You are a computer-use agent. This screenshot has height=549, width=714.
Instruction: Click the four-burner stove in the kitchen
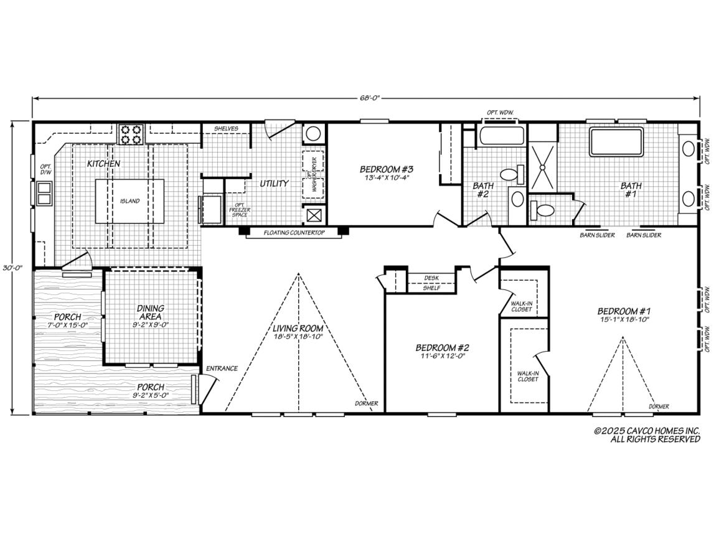coord(131,133)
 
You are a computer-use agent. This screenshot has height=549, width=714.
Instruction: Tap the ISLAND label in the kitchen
coord(130,201)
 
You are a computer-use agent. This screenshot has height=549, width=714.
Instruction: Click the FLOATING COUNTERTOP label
coord(294,233)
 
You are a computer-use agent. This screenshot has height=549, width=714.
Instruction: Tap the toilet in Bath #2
coord(510,175)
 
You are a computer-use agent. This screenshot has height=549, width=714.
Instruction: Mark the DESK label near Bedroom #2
coord(431,278)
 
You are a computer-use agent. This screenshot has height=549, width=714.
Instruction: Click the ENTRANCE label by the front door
coord(222,368)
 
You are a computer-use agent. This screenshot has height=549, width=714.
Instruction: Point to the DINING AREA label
coord(151,312)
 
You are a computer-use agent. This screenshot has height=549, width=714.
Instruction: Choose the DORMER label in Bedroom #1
coord(659,406)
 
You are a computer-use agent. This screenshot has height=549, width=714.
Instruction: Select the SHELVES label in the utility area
coord(226,128)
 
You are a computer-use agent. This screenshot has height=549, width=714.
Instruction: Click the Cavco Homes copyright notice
coord(647,434)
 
